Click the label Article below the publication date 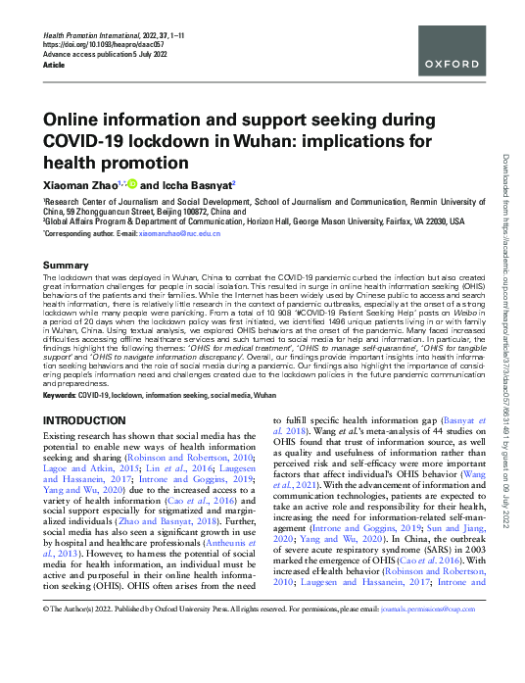pos(55,64)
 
